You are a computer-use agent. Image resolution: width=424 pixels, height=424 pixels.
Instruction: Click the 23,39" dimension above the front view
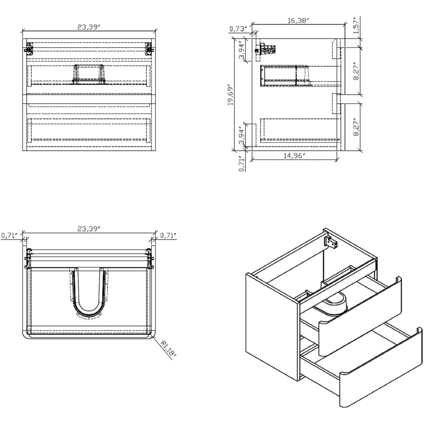pyautogui.click(x=89, y=27)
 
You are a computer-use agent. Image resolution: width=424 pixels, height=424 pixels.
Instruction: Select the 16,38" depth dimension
pyautogui.click(x=298, y=21)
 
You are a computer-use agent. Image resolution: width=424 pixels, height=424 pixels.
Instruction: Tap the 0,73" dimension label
pyautogui.click(x=238, y=29)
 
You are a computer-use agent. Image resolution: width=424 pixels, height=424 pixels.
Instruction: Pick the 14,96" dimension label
pyautogui.click(x=294, y=156)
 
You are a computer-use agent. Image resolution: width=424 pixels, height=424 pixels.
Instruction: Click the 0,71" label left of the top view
pyautogui.click(x=10, y=235)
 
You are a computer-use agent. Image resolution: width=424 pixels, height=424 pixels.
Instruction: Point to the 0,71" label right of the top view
pyautogui.click(x=168, y=235)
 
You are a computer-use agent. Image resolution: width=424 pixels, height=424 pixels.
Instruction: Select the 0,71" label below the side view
pyautogui.click(x=241, y=164)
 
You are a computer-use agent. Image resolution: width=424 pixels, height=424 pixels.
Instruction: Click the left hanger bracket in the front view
pyautogui.click(x=29, y=48)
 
